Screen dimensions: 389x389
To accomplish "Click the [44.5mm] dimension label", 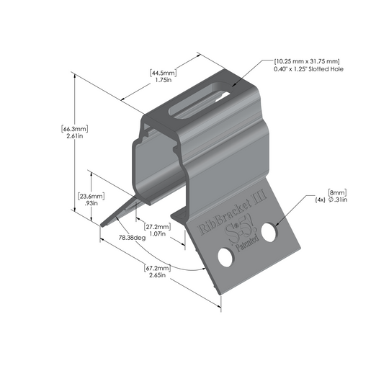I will tap(163, 73).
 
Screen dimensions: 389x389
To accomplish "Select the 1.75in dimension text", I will tap(163, 81).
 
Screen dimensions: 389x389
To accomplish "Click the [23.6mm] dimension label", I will tap(91, 196).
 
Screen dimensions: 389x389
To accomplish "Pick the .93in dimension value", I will tap(91, 205).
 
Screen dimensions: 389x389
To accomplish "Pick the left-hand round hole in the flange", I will tap(225, 257).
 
